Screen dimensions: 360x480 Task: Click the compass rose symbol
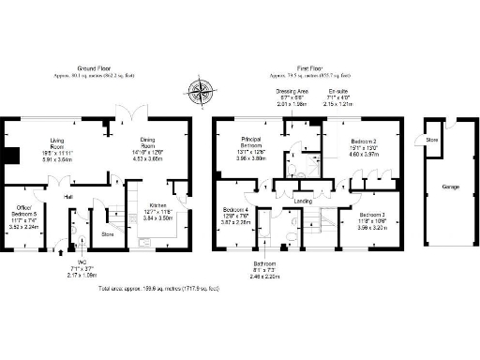[200, 91]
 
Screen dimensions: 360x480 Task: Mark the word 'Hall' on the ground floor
[68, 198]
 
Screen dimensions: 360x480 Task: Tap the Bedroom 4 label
[235, 211]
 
